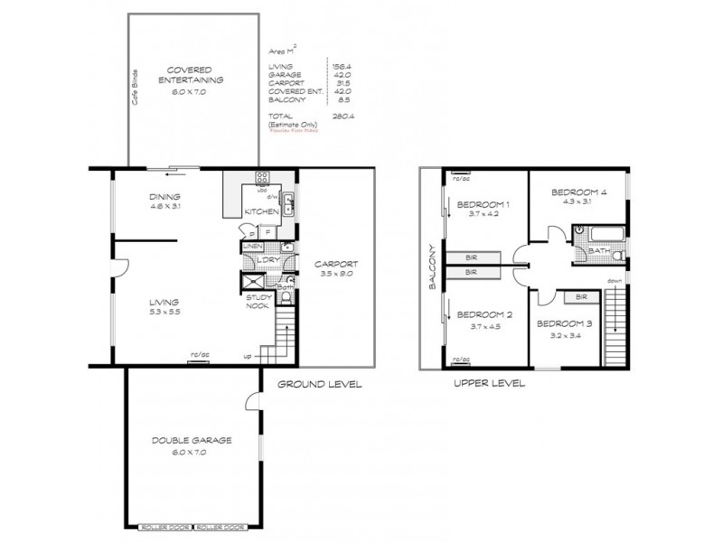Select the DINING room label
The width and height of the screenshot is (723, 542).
pos(165,197)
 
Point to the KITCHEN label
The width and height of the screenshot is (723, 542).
pos(262,211)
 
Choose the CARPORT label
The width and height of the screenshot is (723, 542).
pos(336,265)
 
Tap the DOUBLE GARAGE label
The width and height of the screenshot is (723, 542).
pos(192,440)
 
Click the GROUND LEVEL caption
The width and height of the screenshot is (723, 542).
pos(319,384)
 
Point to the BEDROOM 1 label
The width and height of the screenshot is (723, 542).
pos(484,204)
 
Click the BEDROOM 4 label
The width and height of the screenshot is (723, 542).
pos(578,192)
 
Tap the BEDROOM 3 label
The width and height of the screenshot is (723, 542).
pos(565,322)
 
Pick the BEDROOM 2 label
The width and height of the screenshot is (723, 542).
pos(484,314)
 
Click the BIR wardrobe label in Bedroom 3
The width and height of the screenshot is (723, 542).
pos(582,296)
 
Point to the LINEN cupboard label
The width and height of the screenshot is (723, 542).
pos(252,246)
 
